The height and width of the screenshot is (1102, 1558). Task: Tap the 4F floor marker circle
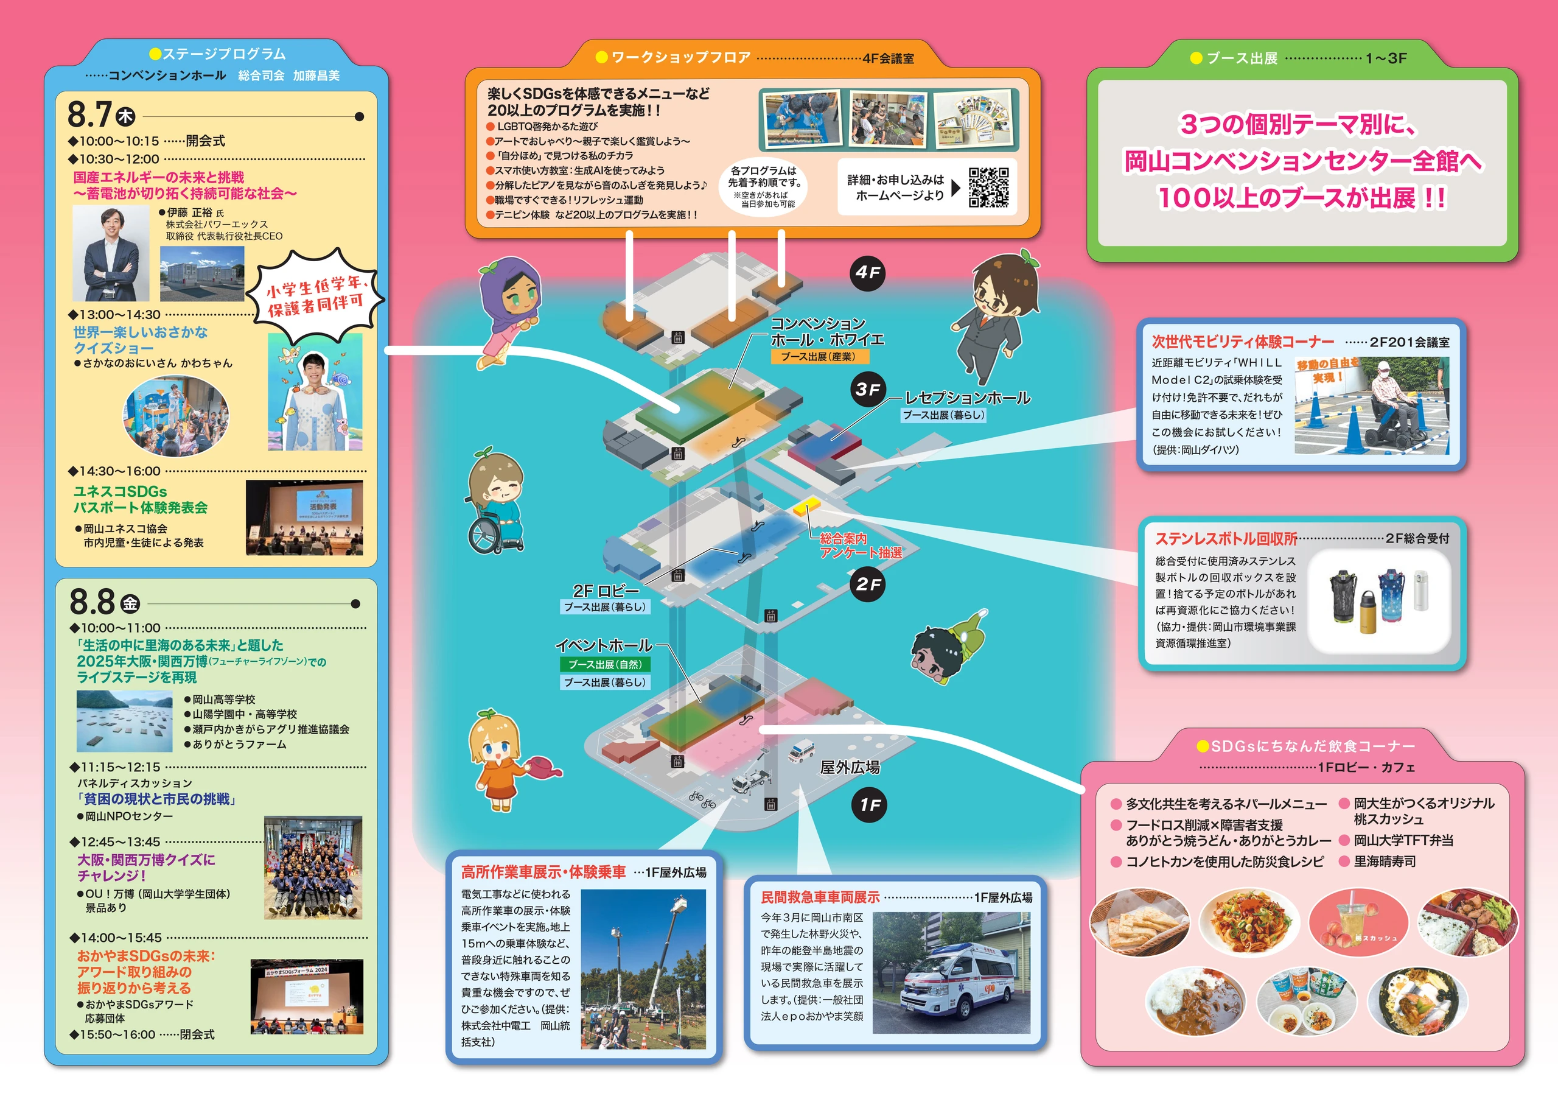coord(867,273)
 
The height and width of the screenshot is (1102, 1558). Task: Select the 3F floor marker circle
coord(867,390)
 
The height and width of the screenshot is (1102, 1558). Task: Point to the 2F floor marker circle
coord(868,584)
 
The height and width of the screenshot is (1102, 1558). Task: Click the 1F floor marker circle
coord(869,805)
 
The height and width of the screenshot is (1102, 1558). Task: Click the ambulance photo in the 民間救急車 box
coord(951,972)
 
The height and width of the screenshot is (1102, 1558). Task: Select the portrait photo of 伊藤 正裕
coord(111,253)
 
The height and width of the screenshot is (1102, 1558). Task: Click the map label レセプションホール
coord(968,398)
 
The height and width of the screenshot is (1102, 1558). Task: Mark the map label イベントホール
coord(604,645)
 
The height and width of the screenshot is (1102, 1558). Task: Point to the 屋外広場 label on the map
coord(850,767)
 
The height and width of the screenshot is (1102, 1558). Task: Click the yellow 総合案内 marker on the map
coord(808,505)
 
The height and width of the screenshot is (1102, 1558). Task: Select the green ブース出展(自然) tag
coord(604,664)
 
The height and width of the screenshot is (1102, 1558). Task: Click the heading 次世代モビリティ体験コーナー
coord(1243,341)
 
